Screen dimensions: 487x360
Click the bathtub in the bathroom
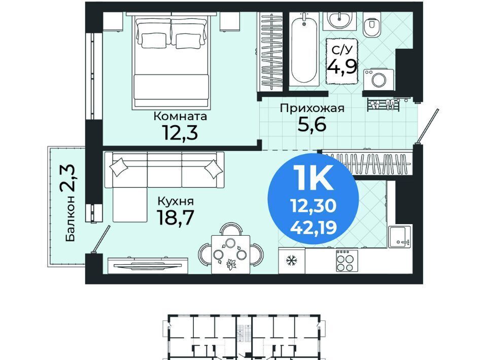(304, 50)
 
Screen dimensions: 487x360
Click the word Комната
(181, 117)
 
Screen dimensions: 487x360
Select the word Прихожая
(312, 109)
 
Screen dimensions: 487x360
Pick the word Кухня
(176, 202)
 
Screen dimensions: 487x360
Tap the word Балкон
(71, 219)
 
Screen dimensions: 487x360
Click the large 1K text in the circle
(313, 177)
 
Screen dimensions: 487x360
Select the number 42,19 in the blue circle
(314, 228)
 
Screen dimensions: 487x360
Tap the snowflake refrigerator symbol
(292, 261)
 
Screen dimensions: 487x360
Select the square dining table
(231, 255)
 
